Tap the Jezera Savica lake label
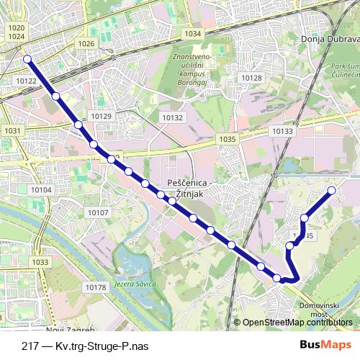click(x=135, y=284)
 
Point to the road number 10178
click(x=95, y=287)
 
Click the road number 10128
click(x=251, y=77)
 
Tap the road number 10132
click(x=173, y=117)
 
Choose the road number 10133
click(x=282, y=131)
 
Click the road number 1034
click(x=192, y=34)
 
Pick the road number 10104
click(x=41, y=189)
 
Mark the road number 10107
click(x=97, y=212)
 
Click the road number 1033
click(x=40, y=262)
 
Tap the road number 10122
click(x=25, y=81)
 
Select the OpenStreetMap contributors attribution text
click(x=297, y=323)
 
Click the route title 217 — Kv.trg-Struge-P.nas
click(x=85, y=346)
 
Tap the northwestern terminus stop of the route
click(x=27, y=59)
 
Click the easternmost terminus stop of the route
click(x=332, y=190)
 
